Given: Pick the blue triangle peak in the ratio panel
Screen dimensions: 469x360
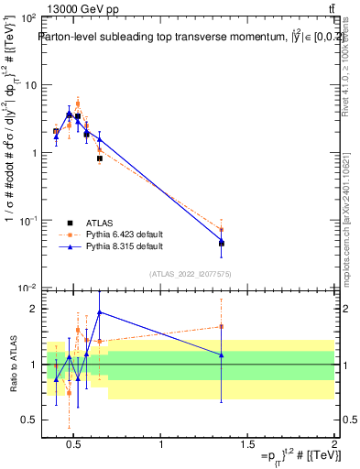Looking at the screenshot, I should [x=99, y=311].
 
